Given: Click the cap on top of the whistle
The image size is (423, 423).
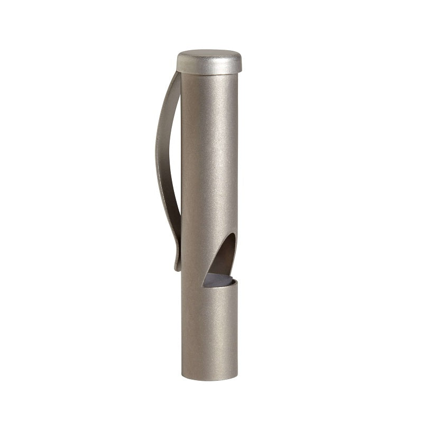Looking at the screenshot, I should coord(209,62).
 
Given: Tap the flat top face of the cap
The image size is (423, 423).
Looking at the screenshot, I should coord(209,54).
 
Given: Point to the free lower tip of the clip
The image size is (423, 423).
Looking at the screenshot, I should coord(177,268).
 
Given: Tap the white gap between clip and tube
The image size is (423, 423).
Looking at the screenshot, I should coord(173,159).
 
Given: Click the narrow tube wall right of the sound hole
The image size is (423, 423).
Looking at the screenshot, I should coord(236,259).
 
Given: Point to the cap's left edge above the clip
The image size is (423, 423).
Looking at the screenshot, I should coord(178,63).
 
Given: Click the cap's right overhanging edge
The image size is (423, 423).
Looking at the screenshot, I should coord(241,63).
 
